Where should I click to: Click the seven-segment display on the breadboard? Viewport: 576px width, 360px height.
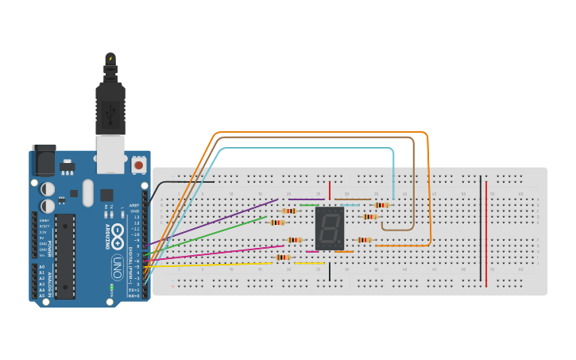tap(330, 229)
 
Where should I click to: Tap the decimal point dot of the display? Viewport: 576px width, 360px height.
tap(341, 245)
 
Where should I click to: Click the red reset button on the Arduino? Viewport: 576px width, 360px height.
tap(139, 165)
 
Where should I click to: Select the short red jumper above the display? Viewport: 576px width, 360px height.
tap(329, 190)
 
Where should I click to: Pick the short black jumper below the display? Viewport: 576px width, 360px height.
tap(329, 271)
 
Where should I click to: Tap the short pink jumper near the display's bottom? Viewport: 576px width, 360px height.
tap(311, 251)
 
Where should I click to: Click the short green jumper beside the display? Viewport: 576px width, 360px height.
tap(309, 205)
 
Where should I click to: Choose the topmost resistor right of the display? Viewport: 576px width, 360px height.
tap(381, 205)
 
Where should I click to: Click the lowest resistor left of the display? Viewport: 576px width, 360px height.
tap(282, 257)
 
